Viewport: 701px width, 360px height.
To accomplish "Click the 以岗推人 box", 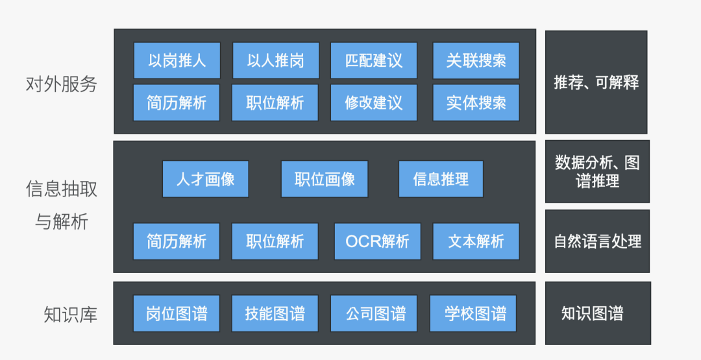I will [177, 60].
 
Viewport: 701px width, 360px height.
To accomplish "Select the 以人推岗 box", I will [275, 60].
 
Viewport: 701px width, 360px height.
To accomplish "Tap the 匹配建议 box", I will [374, 60].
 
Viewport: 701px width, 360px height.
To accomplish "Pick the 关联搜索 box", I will [476, 60].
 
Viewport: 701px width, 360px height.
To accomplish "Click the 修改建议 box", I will [374, 102].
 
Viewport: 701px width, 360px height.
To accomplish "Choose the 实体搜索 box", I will [476, 102].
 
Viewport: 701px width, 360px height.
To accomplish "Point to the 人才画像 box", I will [205, 179].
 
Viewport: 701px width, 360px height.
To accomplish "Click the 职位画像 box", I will [325, 179].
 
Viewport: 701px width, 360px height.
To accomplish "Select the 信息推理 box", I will [441, 179].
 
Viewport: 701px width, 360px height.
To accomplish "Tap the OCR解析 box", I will [377, 241].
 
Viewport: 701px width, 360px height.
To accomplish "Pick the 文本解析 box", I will [476, 241].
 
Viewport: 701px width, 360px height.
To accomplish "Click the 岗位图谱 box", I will [177, 314].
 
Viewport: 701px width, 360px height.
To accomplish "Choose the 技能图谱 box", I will [275, 314].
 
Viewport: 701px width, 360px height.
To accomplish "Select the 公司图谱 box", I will [374, 314].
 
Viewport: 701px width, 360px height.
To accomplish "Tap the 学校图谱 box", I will [473, 314].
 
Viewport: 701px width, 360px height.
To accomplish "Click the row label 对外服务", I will [61, 84].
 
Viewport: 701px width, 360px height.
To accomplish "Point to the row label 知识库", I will [71, 315].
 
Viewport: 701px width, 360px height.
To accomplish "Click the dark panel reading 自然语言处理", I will [597, 241].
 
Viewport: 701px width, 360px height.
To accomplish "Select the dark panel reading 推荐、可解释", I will [596, 82].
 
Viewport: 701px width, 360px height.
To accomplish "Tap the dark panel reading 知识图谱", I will [597, 313].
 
